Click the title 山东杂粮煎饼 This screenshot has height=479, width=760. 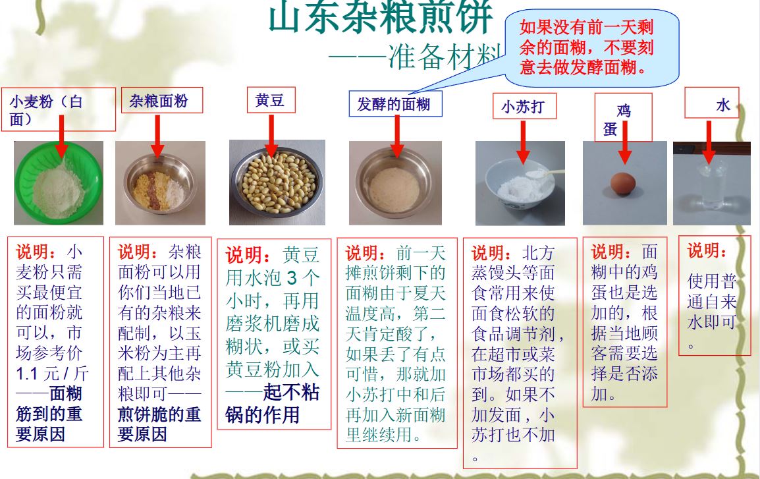point(380,18)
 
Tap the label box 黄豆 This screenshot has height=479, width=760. point(270,101)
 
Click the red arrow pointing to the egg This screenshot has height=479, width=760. point(624,142)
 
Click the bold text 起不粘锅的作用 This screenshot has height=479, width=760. point(272,404)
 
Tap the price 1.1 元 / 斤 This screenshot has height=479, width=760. point(52,374)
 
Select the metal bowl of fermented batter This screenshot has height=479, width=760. point(394,184)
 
